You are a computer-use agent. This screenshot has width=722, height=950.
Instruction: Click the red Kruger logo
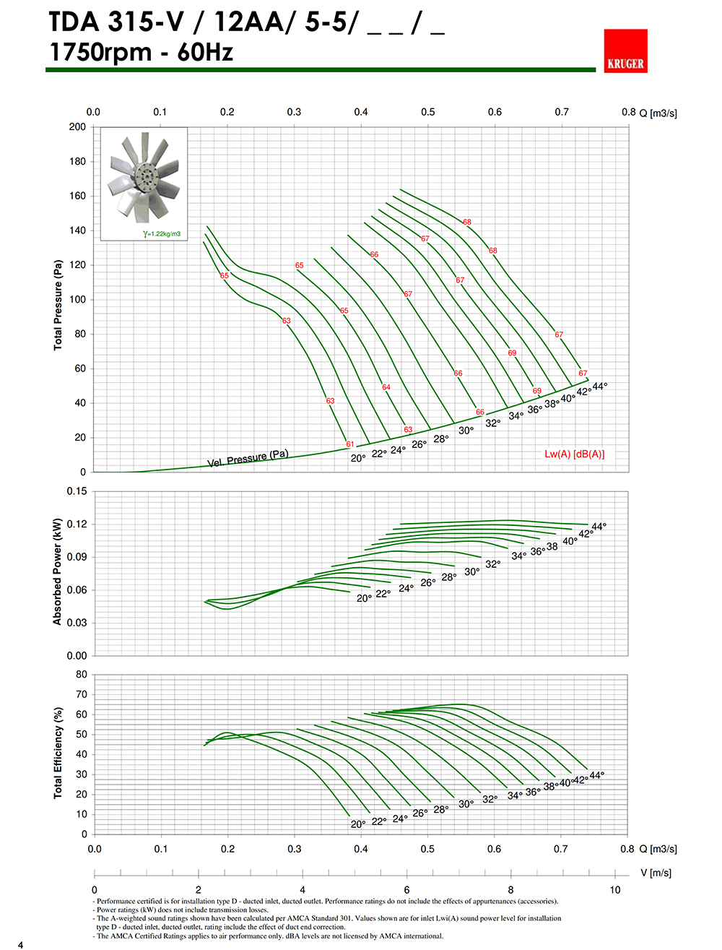(625, 51)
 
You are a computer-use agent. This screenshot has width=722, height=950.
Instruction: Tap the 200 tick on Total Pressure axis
(77, 126)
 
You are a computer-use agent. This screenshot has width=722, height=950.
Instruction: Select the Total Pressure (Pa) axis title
(58, 305)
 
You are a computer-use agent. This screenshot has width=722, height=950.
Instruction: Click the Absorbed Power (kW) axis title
(58, 571)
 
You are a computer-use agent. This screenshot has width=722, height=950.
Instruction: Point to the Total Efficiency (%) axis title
(58, 753)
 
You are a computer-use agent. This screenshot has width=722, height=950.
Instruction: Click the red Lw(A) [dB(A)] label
(575, 454)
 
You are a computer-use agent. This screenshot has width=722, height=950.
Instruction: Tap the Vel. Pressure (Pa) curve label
(248, 459)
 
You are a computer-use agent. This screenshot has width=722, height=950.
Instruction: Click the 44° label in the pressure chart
(599, 387)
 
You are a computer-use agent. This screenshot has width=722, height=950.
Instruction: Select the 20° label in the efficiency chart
(358, 824)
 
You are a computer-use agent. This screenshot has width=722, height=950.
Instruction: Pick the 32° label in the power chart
(493, 564)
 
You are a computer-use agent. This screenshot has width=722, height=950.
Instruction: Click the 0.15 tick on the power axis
(77, 491)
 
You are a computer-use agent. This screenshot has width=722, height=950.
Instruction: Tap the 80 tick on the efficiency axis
(82, 675)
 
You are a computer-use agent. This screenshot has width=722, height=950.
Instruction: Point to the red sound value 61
(350, 444)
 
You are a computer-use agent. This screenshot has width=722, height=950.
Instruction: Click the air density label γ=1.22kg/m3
(162, 234)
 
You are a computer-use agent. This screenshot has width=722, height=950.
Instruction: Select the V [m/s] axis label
(656, 873)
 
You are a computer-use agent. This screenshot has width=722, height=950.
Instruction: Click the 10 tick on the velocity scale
(614, 889)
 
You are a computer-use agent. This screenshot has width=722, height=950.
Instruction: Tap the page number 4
(20, 944)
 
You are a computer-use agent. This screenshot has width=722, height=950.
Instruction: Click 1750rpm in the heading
(100, 52)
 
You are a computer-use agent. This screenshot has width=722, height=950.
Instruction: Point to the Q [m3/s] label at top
(658, 113)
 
